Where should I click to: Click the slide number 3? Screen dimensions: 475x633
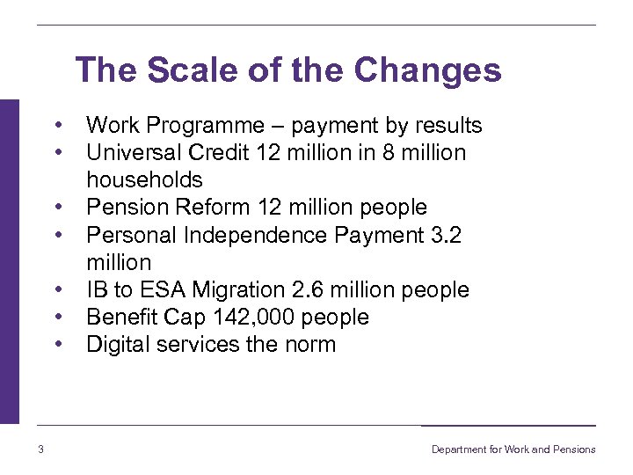pos(41,449)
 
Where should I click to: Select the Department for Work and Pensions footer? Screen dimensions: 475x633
pos(513,449)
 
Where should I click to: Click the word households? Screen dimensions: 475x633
pos(144,179)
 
